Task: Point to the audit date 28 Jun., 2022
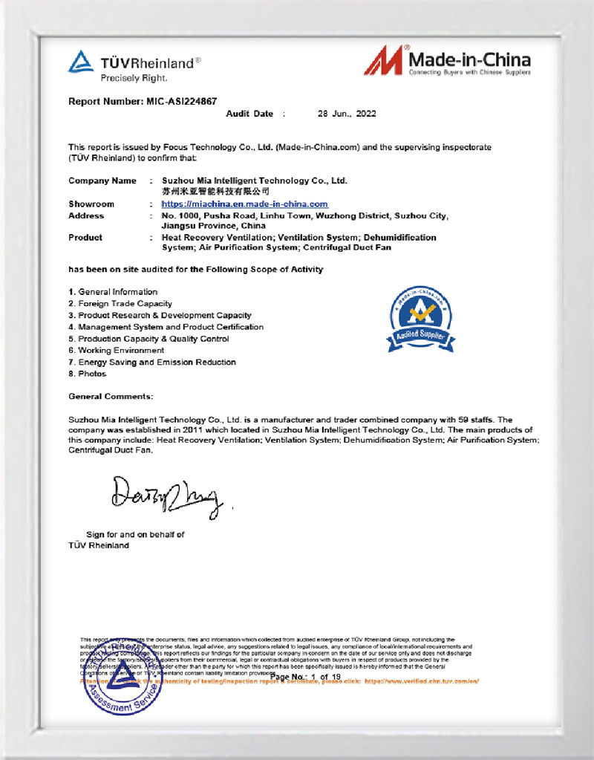point(347,114)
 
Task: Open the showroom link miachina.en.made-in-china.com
point(244,204)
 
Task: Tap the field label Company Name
point(102,181)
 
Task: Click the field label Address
point(86,215)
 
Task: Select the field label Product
point(85,238)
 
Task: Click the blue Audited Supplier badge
point(420,317)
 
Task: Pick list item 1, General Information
point(113,292)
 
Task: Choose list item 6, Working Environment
point(116,351)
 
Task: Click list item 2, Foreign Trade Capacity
point(120,304)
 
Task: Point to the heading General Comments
point(111,397)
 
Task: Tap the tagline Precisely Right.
point(134,77)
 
